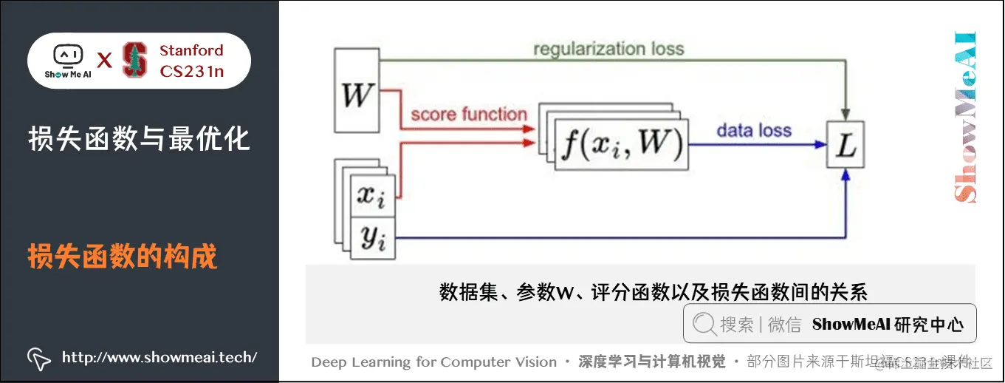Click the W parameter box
tap(356, 95)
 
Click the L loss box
tap(845, 145)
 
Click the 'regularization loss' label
tap(608, 50)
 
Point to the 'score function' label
tap(468, 114)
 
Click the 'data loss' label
tap(753, 131)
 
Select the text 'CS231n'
tap(191, 71)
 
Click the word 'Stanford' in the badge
tap(191, 50)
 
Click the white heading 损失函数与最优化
tap(139, 138)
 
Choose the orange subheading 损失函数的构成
tap(123, 257)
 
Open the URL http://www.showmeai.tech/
tap(160, 358)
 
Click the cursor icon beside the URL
tap(38, 358)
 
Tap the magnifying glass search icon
tap(704, 324)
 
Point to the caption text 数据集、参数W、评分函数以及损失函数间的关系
tap(653, 291)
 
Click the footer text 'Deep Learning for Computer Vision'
tap(433, 362)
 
